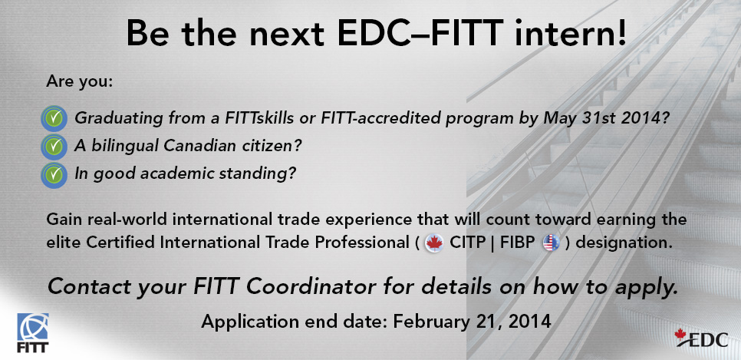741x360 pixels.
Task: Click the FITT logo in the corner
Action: tap(33, 332)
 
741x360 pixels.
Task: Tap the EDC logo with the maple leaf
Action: tap(701, 338)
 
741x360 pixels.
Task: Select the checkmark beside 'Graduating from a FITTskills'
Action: tap(54, 118)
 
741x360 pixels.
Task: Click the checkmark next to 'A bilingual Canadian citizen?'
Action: tap(54, 146)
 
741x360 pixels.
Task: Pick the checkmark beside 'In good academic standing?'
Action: tap(54, 174)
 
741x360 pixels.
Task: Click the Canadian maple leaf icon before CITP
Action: tap(434, 243)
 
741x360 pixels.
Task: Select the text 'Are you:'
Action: tap(80, 81)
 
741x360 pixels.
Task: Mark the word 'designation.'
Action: tap(624, 243)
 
